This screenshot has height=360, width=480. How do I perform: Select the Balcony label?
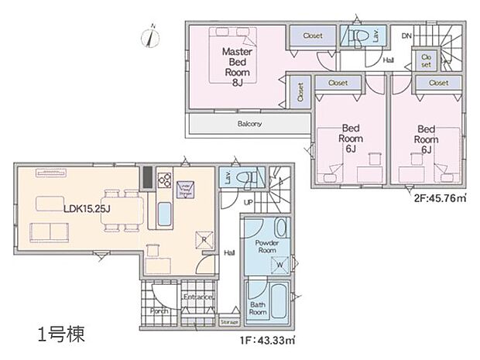coord(249,124)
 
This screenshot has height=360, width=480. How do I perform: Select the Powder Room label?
coord(268,245)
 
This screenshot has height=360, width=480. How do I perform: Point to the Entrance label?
coord(197,297)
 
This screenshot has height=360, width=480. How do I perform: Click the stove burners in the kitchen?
coord(164,180)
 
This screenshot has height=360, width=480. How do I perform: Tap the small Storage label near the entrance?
coord(228,322)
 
